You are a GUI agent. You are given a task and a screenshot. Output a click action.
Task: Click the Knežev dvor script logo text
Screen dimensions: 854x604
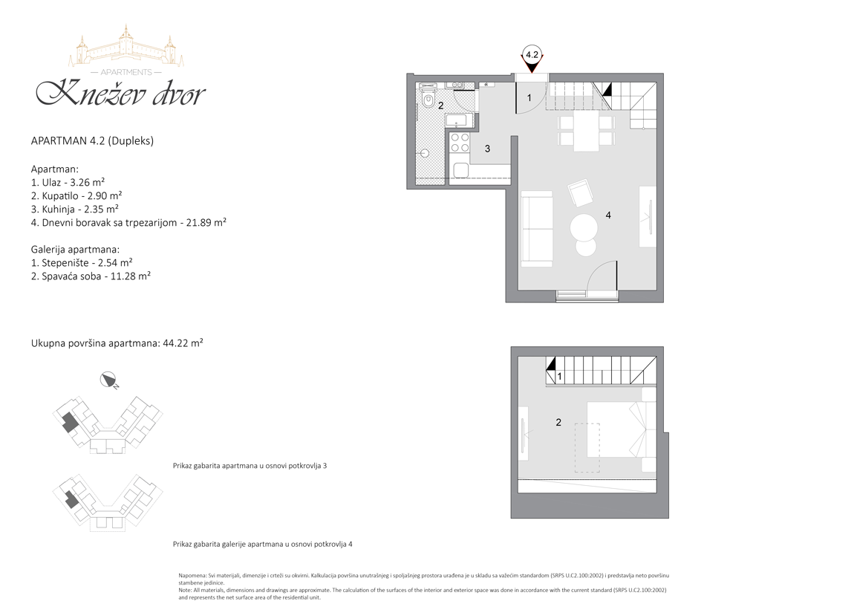120,93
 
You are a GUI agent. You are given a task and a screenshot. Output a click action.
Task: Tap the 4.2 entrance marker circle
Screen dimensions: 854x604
532,54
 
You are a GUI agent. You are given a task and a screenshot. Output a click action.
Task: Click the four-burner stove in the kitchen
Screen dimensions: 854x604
459,143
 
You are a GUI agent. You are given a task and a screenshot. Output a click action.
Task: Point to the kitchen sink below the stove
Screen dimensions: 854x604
460,170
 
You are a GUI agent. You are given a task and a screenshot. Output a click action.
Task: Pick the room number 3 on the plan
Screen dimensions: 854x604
487,149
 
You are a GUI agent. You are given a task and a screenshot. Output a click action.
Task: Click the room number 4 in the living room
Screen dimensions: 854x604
608,215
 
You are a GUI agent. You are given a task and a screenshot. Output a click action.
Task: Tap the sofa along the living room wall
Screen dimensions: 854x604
537,229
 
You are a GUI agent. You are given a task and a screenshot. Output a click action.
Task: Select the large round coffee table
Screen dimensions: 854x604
584,227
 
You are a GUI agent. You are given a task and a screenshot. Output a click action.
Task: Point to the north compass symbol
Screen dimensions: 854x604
109,380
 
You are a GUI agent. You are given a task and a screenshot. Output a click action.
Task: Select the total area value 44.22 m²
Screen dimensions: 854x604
183,343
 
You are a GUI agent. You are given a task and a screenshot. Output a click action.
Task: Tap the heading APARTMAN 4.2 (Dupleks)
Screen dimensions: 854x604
92,140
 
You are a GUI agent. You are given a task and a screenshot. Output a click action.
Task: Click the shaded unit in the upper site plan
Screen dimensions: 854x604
69,422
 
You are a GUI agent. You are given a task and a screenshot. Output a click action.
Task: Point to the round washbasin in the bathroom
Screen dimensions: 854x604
424,154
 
